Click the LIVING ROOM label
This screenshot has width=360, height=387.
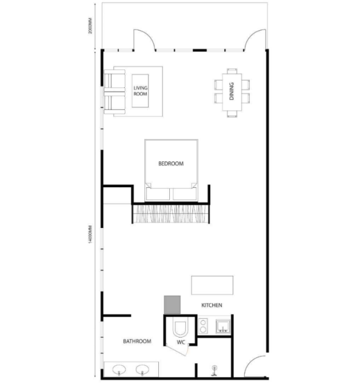point(140,91)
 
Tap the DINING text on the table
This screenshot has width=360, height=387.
point(231,91)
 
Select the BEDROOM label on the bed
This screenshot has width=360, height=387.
point(171,163)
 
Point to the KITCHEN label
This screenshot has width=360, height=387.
point(212,305)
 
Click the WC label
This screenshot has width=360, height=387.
point(181,343)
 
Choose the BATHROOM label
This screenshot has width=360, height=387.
point(137,341)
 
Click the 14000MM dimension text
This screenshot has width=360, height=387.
point(90,234)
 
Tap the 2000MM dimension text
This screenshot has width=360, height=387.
point(90,26)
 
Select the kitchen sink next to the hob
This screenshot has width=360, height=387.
point(223,326)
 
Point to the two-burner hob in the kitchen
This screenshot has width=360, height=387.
point(203,326)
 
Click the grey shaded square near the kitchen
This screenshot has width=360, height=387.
point(172,305)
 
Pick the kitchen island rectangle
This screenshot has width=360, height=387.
point(212,285)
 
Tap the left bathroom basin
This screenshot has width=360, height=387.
point(119,370)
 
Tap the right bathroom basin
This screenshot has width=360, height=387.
point(143,370)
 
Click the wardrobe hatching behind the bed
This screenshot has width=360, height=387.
point(171,214)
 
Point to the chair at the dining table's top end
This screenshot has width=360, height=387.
point(232,71)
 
